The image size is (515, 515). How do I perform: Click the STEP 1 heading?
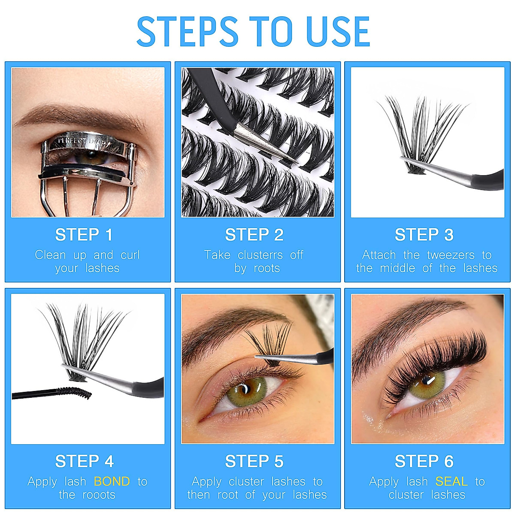[84, 235]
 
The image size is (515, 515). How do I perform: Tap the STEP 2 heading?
[254, 235]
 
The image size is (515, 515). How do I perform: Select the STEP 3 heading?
[424, 235]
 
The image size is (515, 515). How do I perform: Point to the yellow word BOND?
[112, 482]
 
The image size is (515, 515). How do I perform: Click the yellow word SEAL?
[451, 482]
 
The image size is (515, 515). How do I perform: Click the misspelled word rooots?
[98, 495]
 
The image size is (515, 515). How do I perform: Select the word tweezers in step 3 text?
[451, 255]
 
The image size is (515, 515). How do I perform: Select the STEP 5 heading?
[254, 461]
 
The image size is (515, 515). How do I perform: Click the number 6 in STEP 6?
[448, 461]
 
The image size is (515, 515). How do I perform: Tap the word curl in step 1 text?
[130, 255]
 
